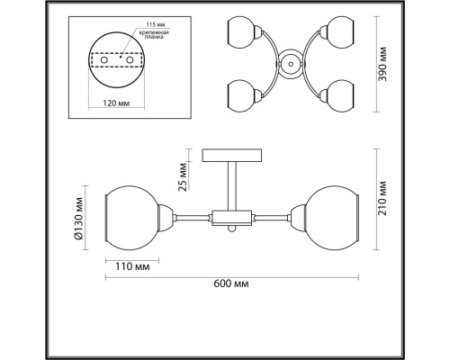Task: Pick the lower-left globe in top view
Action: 243,95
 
